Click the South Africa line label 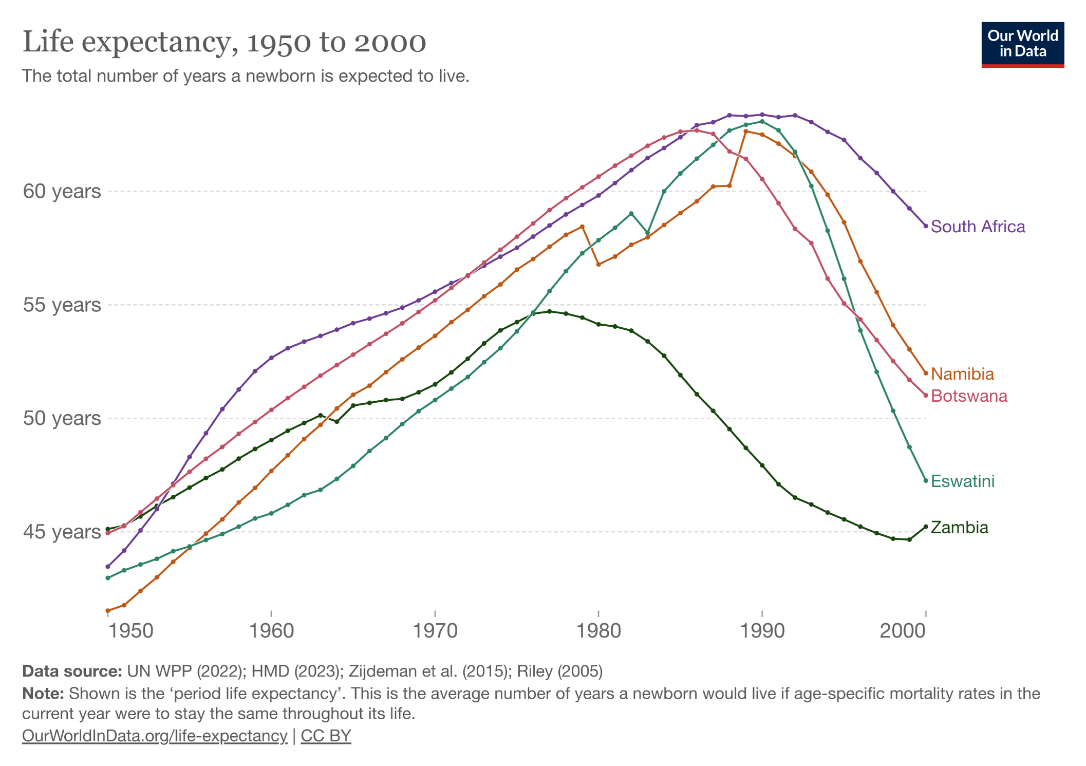pyautogui.click(x=978, y=227)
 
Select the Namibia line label pyautogui.click(x=962, y=374)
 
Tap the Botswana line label pyautogui.click(x=969, y=396)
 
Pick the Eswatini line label pyautogui.click(x=963, y=481)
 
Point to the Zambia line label pyautogui.click(x=959, y=528)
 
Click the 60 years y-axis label pyautogui.click(x=62, y=191)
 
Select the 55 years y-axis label pyautogui.click(x=62, y=305)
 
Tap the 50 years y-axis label pyautogui.click(x=62, y=418)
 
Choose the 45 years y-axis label pyautogui.click(x=62, y=532)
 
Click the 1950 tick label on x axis pyautogui.click(x=130, y=630)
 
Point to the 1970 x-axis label pyautogui.click(x=435, y=630)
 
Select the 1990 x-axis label pyautogui.click(x=762, y=630)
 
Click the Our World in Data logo pyautogui.click(x=1022, y=44)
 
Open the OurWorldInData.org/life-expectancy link pyautogui.click(x=155, y=736)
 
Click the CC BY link pyautogui.click(x=326, y=736)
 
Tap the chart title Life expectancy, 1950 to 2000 pyautogui.click(x=224, y=42)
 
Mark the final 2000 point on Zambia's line pyautogui.click(x=926, y=527)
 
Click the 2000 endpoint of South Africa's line pyautogui.click(x=926, y=226)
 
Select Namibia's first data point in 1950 pyautogui.click(x=108, y=611)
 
